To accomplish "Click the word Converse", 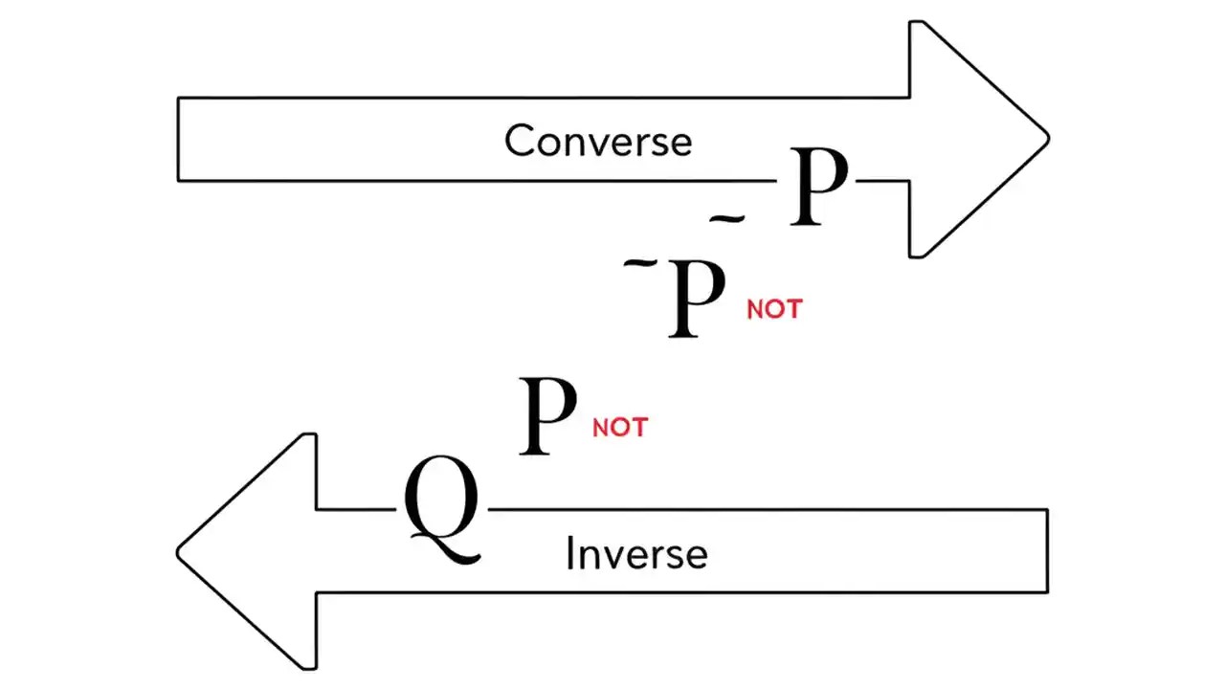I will [598, 142].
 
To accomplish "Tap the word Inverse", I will [636, 554].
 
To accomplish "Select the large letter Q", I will [441, 508].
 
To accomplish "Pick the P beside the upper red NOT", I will [697, 298].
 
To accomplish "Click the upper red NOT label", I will [774, 309].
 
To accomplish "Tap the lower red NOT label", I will [620, 427].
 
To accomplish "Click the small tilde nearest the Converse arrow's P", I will [726, 221].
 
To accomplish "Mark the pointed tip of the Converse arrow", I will [1048, 139].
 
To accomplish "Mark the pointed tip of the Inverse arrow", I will [178, 551].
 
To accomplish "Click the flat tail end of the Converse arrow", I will [179, 139].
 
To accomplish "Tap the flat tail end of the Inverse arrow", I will [1047, 550].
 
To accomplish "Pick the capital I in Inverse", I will [570, 554].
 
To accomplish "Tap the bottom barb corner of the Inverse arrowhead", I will [313, 667].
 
